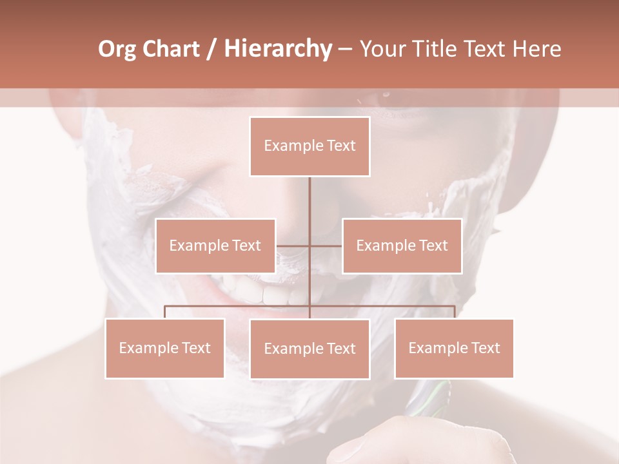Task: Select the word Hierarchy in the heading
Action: point(278,49)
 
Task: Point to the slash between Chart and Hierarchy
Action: point(211,49)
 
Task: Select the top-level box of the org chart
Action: point(309,146)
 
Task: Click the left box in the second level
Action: point(215,246)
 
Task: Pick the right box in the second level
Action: point(402,246)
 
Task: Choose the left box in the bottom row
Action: point(164,348)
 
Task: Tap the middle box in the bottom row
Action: point(309,349)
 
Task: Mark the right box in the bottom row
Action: point(454,348)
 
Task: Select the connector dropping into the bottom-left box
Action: point(164,312)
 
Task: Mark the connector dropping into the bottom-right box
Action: point(455,312)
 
